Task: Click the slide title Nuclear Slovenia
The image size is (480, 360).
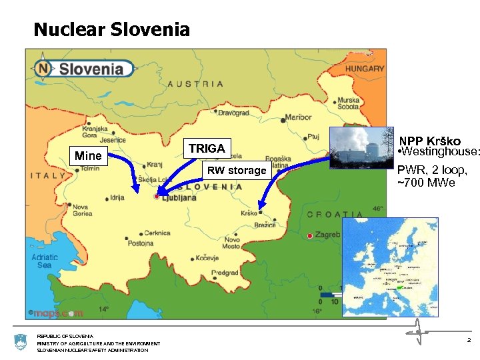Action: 111,30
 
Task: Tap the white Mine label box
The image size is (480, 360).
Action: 89,157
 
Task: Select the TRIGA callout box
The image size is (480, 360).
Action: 207,149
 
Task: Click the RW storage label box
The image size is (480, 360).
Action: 236,171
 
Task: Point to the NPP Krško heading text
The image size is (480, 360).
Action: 430,141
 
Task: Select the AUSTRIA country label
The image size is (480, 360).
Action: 195,84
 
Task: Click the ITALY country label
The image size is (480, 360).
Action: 47,176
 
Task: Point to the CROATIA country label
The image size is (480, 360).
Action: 335,215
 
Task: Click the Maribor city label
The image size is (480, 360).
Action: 298,118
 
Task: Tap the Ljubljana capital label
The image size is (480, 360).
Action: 179,198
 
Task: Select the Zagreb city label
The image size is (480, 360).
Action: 328,236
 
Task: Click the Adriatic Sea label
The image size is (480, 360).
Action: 45,261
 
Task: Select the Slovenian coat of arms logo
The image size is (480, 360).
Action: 19,343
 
